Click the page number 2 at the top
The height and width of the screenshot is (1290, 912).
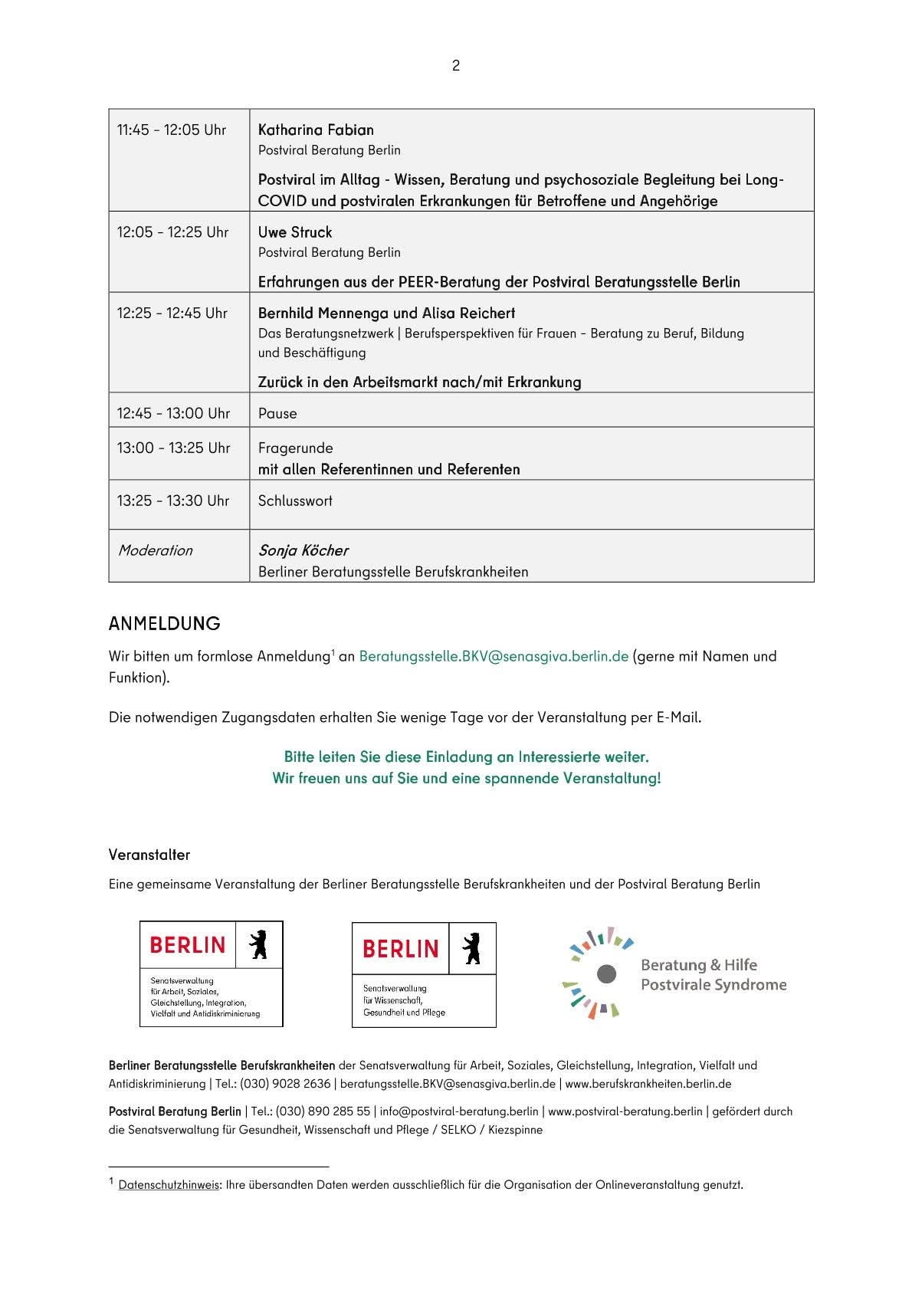point(456,66)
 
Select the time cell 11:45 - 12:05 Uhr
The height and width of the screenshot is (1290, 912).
point(172,130)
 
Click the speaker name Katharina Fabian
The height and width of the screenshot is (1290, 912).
point(316,130)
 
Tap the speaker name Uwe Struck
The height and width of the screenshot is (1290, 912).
point(295,232)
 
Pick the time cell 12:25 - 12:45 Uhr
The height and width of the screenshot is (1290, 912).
point(172,313)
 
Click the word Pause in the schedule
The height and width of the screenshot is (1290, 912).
point(277,414)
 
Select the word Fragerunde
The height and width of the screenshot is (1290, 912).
point(296,448)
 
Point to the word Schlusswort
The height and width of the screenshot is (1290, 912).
point(295,501)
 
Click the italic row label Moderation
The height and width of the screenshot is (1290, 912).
point(155,550)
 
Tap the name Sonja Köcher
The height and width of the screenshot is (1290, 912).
point(303,550)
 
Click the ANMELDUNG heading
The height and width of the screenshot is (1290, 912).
point(165,624)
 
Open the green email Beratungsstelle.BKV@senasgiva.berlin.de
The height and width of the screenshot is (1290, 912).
point(494,657)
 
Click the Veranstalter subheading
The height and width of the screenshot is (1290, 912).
point(149,855)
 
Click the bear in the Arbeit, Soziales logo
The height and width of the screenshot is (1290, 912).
point(258,945)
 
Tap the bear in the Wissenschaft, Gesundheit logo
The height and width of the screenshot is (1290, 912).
point(471,948)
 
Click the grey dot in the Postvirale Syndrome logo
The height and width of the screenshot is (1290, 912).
point(606,973)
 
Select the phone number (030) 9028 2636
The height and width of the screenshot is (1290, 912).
point(285,1085)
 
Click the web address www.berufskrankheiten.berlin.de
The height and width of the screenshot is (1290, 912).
point(648,1085)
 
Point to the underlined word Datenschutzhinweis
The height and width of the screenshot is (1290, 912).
point(169,1185)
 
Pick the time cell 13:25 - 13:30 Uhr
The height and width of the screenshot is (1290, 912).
point(173,501)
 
